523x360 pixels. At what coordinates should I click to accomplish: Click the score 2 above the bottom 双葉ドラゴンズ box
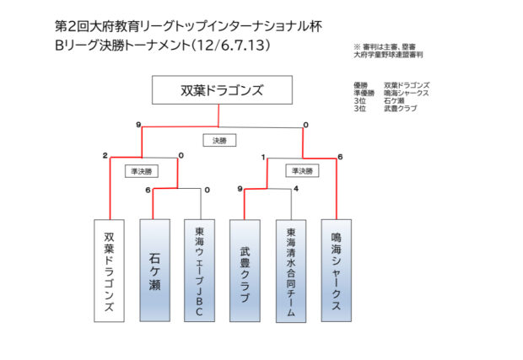point(105,156)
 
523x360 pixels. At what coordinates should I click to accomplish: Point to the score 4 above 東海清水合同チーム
point(296,188)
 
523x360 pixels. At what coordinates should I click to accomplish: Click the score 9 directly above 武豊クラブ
point(240,189)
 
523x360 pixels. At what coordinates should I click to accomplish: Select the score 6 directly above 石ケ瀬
point(148,190)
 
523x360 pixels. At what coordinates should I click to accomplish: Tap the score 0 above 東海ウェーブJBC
point(206,190)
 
